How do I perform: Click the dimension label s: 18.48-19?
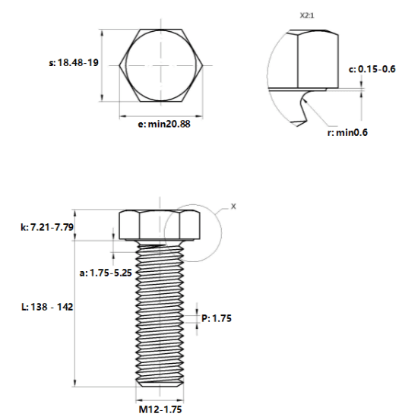coord(74,63)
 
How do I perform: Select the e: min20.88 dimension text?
coord(164,124)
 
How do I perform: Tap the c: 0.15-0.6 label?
coord(372,69)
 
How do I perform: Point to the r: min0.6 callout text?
coord(347,132)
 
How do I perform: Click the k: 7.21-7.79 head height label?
coord(47,227)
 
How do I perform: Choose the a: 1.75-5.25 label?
coord(106,273)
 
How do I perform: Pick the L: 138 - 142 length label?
coord(47,307)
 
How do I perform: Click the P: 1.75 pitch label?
coord(217,318)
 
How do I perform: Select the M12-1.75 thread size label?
coord(160,409)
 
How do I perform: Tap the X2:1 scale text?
coord(307,15)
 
